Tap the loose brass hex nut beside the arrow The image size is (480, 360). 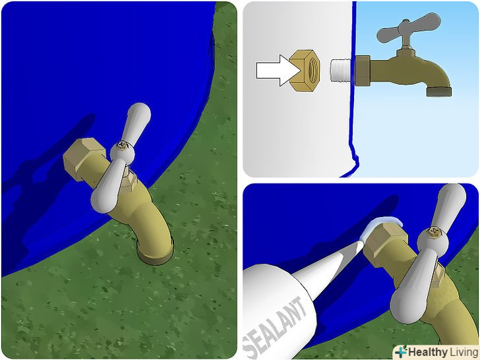coord(305,71)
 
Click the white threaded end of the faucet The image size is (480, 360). coord(342,71)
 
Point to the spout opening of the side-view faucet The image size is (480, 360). coord(439,91)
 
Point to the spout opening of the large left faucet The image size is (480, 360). coord(156,256)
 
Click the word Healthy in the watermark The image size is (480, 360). coord(428,352)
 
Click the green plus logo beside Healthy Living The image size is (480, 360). coord(401,352)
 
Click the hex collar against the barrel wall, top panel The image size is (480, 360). coord(363,71)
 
